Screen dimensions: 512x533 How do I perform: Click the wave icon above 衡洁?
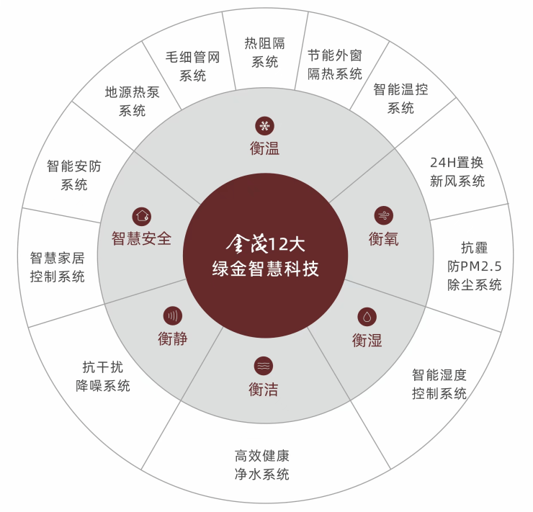(x=264, y=366)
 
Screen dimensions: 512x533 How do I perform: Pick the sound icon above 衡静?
(x=172, y=315)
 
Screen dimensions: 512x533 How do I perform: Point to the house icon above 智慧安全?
(x=142, y=215)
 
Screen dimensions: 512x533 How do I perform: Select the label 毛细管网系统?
(x=192, y=66)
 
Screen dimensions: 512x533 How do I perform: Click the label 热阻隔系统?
(x=265, y=53)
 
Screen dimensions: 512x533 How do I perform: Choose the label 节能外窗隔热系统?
(x=334, y=65)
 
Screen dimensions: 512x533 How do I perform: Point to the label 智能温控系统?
(x=400, y=99)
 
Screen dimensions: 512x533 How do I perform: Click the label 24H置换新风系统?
(x=457, y=171)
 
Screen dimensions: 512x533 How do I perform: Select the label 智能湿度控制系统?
(x=439, y=384)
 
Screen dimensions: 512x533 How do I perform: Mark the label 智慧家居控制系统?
(x=58, y=267)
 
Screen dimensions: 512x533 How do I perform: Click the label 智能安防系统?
(x=74, y=175)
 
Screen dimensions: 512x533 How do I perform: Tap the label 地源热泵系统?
(x=133, y=101)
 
